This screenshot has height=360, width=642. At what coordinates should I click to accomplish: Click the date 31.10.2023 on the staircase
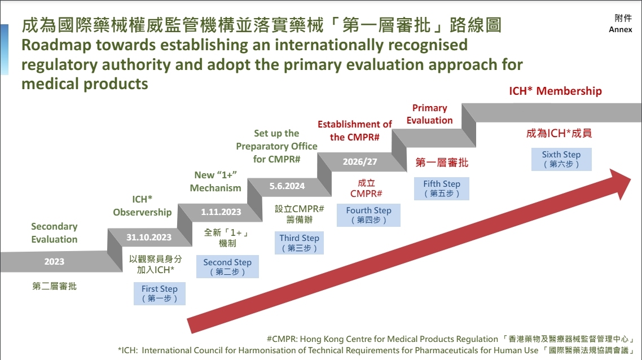pyautogui.click(x=149, y=237)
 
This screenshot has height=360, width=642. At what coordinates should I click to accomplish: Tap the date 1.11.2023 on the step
pyautogui.click(x=221, y=212)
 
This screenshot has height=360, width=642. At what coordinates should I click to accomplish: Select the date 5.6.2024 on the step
pyautogui.click(x=287, y=186)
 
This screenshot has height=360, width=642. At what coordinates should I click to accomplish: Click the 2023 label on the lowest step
pyautogui.click(x=54, y=261)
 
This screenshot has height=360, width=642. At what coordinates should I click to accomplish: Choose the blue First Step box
pyautogui.click(x=160, y=293)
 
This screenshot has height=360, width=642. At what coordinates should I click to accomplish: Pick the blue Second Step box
pyautogui.click(x=227, y=267)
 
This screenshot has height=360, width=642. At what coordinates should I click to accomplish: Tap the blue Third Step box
pyautogui.click(x=299, y=243)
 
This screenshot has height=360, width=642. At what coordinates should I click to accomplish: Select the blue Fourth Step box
pyautogui.click(x=368, y=215)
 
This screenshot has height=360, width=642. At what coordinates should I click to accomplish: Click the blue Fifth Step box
pyautogui.click(x=442, y=188)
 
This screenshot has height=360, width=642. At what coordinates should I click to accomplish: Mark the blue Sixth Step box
pyautogui.click(x=561, y=159)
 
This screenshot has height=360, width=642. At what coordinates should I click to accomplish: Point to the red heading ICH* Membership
pyautogui.click(x=555, y=91)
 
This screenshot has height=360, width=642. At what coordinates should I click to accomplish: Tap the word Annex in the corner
pyautogui.click(x=621, y=30)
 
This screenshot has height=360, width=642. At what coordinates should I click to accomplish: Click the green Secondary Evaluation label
pyautogui.click(x=54, y=232)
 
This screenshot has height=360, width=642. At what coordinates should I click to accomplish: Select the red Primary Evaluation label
pyautogui.click(x=429, y=114)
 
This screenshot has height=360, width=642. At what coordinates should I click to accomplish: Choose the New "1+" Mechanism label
pyautogui.click(x=216, y=181)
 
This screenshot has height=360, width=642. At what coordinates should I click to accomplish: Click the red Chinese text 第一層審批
pyautogui.click(x=442, y=163)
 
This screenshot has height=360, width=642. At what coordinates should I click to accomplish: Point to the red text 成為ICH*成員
pyautogui.click(x=559, y=134)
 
